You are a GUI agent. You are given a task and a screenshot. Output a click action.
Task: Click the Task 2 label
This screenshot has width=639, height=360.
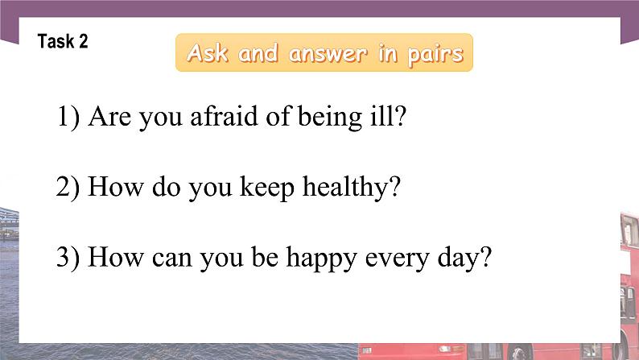pyautogui.click(x=63, y=41)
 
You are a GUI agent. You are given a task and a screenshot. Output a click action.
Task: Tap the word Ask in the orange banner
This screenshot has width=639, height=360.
pyautogui.click(x=208, y=52)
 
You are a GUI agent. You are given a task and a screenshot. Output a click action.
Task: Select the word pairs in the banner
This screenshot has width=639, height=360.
pyautogui.click(x=435, y=55)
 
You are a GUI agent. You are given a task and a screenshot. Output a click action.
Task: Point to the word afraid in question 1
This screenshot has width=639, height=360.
pyautogui.click(x=225, y=116)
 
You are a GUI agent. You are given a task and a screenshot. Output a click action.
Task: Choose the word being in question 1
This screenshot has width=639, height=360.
pyautogui.click(x=330, y=118)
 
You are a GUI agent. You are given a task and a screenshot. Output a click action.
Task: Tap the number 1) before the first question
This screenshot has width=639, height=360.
pyautogui.click(x=68, y=117)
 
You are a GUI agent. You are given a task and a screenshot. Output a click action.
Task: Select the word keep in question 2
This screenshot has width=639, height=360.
pyautogui.click(x=267, y=188)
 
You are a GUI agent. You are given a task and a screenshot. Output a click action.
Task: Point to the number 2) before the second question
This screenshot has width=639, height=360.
pyautogui.click(x=68, y=188)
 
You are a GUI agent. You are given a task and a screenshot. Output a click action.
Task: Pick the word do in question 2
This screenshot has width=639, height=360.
pyautogui.click(x=167, y=187)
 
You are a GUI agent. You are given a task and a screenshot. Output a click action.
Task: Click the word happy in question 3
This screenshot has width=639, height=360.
pyautogui.click(x=322, y=259)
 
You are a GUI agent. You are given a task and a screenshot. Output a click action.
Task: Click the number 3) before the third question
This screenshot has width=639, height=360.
pyautogui.click(x=68, y=258)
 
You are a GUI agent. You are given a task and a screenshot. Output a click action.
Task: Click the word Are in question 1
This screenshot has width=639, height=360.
pyautogui.click(x=110, y=117)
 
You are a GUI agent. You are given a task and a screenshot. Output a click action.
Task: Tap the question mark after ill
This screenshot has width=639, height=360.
pyautogui.click(x=398, y=116)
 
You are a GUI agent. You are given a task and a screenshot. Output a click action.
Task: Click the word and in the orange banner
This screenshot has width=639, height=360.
pyautogui.click(x=258, y=53)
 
